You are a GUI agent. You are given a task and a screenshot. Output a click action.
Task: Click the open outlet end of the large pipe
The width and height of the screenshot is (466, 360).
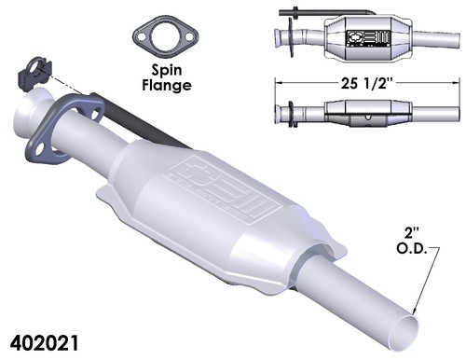[x=422, y=326]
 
